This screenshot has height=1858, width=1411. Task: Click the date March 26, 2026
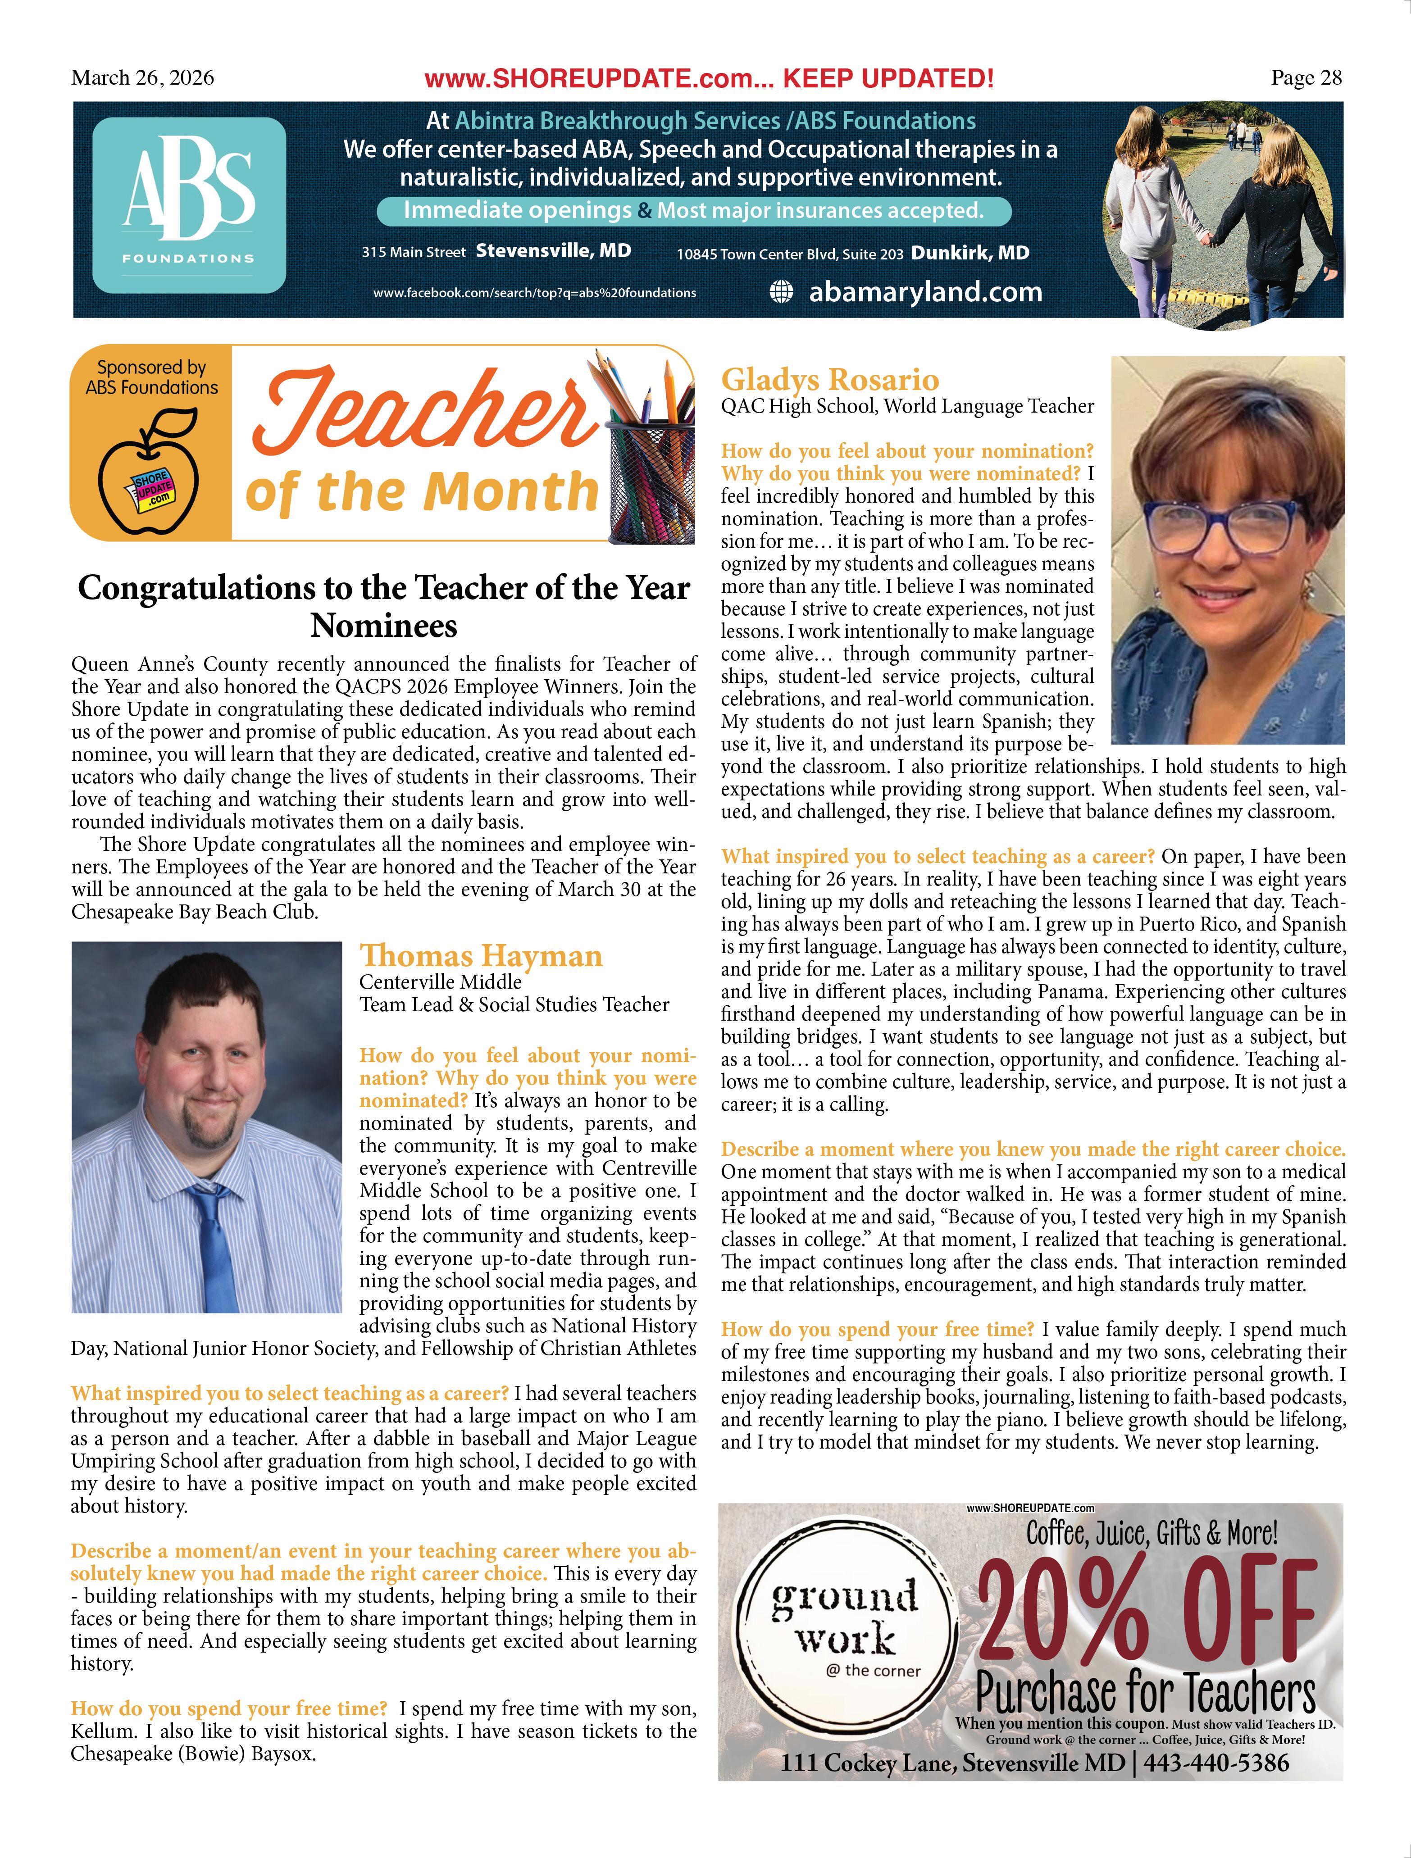coord(143,78)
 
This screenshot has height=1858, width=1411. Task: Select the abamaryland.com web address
coord(925,292)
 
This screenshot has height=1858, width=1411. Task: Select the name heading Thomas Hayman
coord(481,956)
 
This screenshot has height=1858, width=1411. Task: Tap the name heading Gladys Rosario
coord(830,380)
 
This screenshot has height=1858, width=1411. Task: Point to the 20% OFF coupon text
coord(1147,1614)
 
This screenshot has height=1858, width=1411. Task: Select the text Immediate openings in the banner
coord(517,210)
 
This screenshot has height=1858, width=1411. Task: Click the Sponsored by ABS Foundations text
coord(151,377)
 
